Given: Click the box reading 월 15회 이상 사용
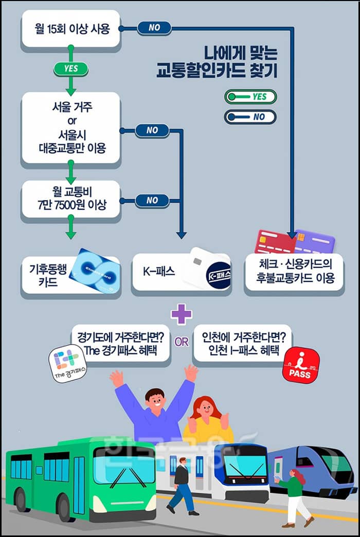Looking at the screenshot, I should point(71,29).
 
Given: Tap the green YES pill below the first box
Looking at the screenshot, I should point(70,68).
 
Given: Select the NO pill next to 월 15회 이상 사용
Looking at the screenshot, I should point(154,28).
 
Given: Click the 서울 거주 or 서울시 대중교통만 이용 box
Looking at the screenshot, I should point(71,128).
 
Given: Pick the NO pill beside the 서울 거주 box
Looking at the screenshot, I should point(152,131).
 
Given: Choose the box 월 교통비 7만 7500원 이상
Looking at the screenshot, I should point(71,198).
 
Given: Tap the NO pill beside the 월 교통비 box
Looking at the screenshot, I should point(152,200).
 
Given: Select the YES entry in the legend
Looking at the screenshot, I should point(250,96).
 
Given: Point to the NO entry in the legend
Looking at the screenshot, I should point(250,117).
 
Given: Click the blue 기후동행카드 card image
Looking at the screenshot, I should point(95,271).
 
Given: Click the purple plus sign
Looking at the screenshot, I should point(181,315).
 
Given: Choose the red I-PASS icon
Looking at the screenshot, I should point(301,366).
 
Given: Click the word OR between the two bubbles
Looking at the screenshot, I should point(182,342).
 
